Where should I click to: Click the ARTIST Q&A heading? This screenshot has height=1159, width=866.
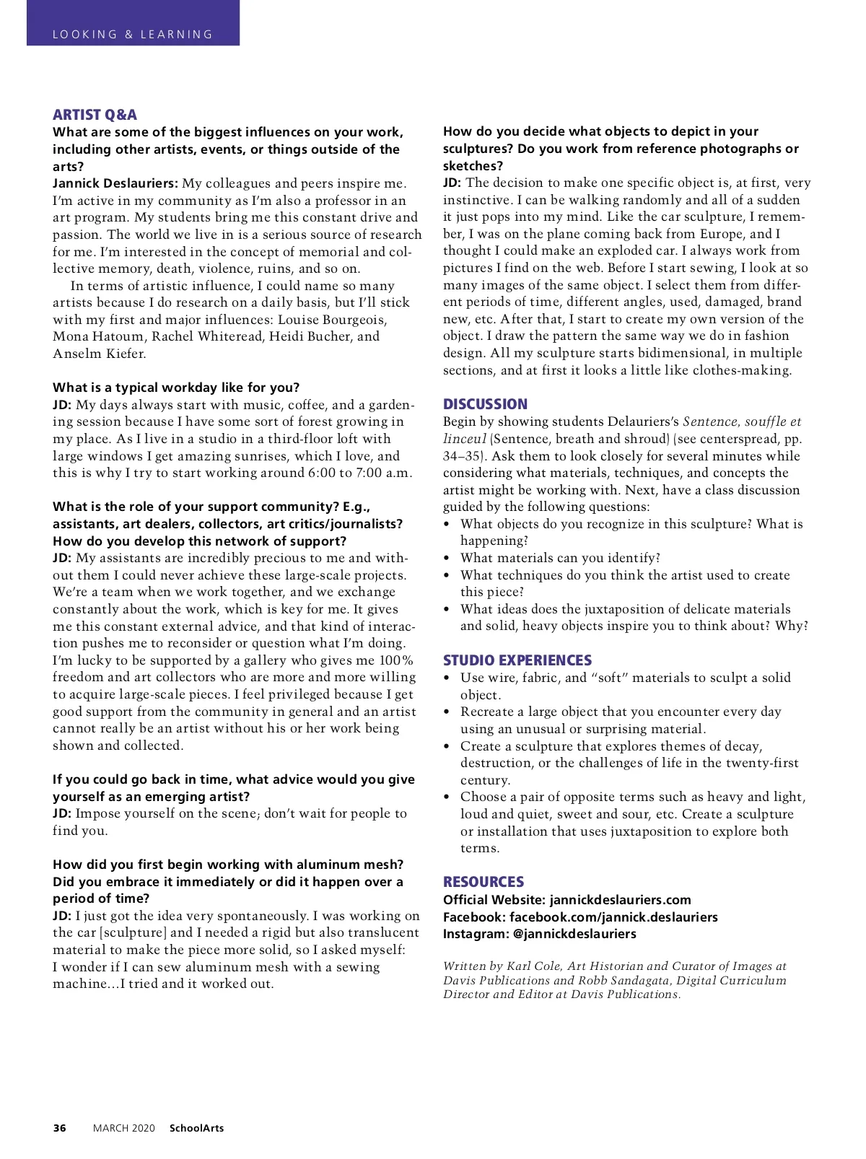(95, 115)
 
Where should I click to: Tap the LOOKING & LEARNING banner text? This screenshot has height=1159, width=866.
(133, 34)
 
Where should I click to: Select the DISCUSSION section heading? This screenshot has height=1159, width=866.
(485, 404)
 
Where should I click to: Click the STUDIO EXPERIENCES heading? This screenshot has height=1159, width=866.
(517, 660)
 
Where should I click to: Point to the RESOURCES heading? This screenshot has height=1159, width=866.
(484, 882)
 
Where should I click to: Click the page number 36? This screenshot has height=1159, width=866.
(59, 1128)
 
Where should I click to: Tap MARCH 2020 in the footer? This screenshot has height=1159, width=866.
(123, 1128)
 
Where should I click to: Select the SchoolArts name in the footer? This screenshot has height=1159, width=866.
(196, 1128)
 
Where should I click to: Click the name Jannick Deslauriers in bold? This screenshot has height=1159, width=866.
(115, 183)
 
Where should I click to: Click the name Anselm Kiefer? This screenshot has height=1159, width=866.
(99, 354)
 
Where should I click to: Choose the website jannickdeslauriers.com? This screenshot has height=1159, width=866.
(620, 900)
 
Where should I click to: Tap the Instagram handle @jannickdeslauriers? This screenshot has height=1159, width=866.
(574, 934)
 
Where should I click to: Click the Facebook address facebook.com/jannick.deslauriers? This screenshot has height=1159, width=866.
(613, 917)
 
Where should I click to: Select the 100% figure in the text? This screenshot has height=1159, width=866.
(396, 660)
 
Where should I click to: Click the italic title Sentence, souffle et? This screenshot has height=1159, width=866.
(742, 421)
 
